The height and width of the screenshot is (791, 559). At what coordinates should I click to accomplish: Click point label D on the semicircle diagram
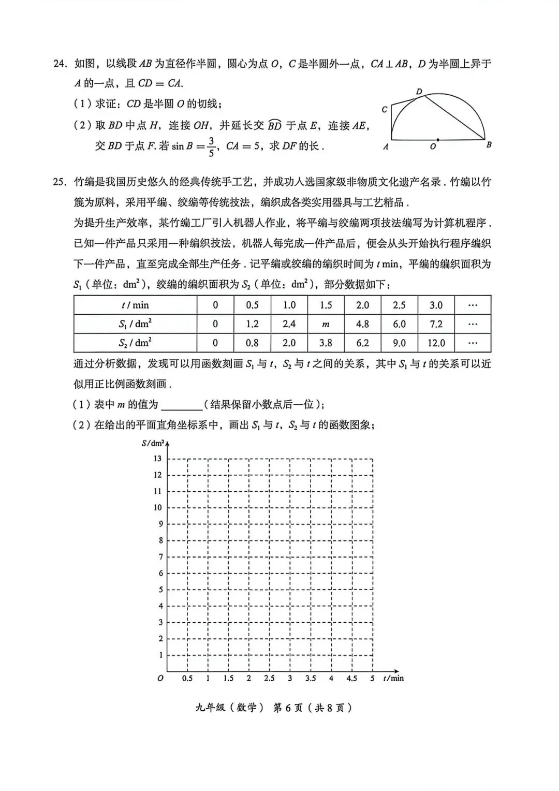pos(419,92)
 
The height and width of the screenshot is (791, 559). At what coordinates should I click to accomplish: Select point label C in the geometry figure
pos(385,110)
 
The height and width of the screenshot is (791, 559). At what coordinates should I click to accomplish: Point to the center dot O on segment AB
pos(438,140)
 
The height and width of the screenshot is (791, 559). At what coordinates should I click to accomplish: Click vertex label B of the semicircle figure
pos(489,145)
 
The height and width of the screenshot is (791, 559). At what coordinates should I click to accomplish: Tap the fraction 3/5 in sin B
pos(211,147)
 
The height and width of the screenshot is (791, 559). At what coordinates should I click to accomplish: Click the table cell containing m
pos(326,324)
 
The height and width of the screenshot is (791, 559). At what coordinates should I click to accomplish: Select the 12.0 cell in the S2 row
pos(436,343)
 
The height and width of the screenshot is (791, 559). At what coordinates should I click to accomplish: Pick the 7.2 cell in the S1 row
pos(436,324)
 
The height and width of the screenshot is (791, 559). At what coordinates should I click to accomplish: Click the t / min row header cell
pos(135,305)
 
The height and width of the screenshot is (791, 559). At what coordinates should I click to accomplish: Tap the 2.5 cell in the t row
pos(399,305)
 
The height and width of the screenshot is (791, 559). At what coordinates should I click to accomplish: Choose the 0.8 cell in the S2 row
pos(252,343)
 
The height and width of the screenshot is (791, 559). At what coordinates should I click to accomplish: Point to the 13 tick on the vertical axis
pos(157,459)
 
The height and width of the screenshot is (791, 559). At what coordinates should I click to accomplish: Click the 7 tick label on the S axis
pos(160,557)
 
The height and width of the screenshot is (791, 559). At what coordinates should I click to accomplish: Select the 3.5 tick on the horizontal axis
pos(311,678)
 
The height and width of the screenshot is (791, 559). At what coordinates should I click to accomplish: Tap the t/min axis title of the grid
pos(393,678)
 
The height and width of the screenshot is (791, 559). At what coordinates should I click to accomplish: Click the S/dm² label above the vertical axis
pos(153,444)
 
